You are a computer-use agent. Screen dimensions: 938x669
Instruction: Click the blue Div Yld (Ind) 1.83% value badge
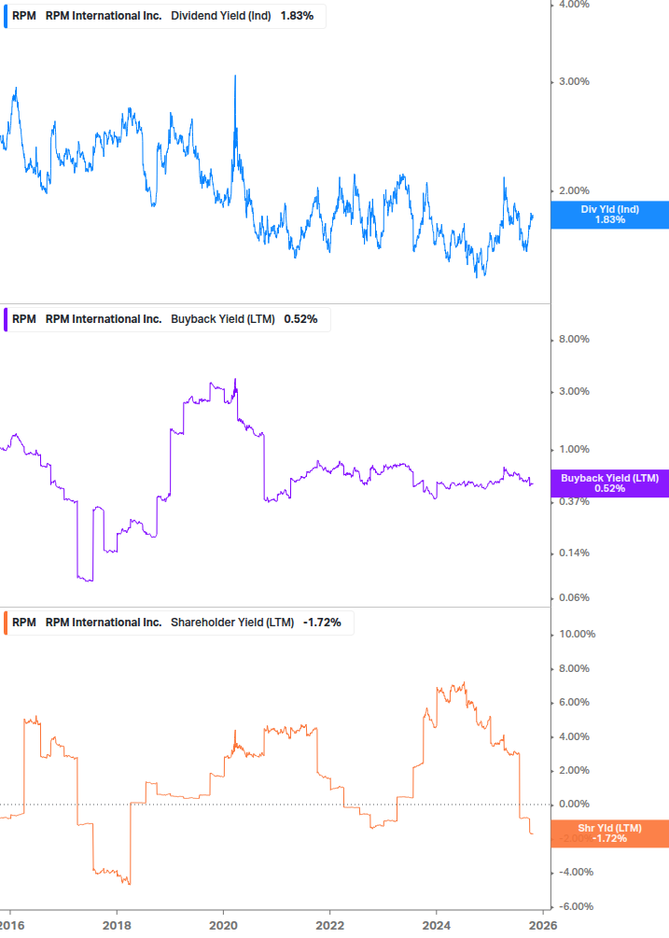pyautogui.click(x=609, y=214)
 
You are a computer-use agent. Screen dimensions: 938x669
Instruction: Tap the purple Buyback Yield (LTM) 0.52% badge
pyautogui.click(x=609, y=483)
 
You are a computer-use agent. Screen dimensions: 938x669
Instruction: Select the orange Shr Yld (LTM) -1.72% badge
pyautogui.click(x=609, y=833)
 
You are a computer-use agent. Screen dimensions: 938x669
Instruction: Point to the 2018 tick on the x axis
pyautogui.click(x=116, y=924)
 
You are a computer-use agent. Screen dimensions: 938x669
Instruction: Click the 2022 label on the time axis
pyautogui.click(x=330, y=924)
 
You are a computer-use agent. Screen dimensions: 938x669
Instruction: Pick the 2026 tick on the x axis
pyautogui.click(x=543, y=924)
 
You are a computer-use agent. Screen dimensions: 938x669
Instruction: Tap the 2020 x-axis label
pyautogui.click(x=223, y=924)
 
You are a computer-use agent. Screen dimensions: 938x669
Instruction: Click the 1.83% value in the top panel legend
pyautogui.click(x=297, y=16)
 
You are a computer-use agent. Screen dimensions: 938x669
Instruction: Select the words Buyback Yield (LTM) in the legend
pyautogui.click(x=223, y=319)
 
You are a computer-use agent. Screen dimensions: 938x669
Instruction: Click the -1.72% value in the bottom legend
pyautogui.click(x=322, y=623)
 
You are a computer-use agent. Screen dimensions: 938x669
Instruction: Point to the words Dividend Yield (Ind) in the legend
pyautogui.click(x=221, y=16)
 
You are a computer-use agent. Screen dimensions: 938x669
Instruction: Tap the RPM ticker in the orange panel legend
pyautogui.click(x=24, y=623)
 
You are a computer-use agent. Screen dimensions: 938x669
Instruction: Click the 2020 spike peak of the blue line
pyautogui.click(x=234, y=76)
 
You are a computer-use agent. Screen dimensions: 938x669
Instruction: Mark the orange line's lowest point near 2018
pyautogui.click(x=129, y=884)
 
